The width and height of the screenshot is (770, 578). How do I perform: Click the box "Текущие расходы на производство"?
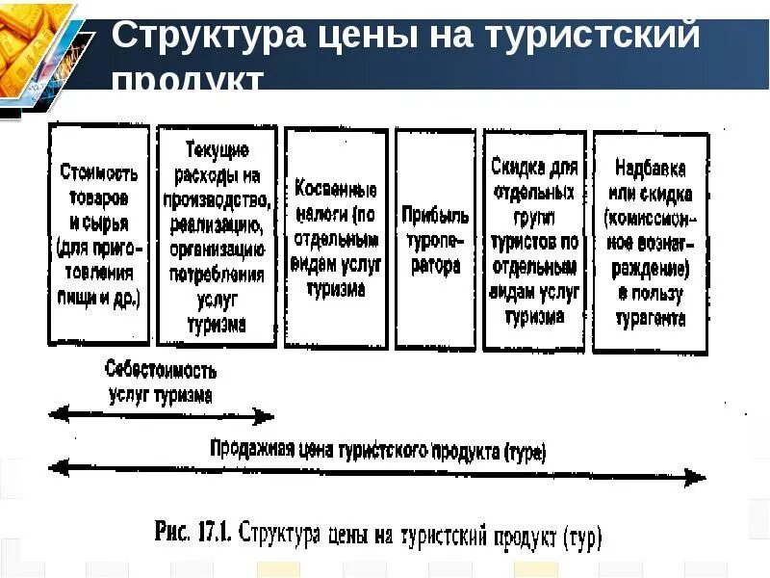pyautogui.click(x=217, y=236)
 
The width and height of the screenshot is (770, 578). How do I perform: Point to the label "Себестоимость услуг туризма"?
pyautogui.click(x=161, y=382)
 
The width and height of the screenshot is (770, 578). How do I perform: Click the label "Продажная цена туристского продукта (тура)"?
pyautogui.click(x=377, y=450)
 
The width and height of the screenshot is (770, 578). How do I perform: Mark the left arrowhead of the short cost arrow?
pyautogui.click(x=56, y=414)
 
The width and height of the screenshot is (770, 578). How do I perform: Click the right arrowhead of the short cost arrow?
pyautogui.click(x=268, y=416)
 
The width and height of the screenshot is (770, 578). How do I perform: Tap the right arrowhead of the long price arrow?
pyautogui.click(x=698, y=476)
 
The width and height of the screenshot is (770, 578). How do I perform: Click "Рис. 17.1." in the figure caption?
pyautogui.click(x=190, y=532)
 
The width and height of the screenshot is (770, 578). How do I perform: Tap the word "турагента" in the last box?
pyautogui.click(x=650, y=318)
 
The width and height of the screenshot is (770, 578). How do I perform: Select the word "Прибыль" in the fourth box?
pyautogui.click(x=435, y=213)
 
